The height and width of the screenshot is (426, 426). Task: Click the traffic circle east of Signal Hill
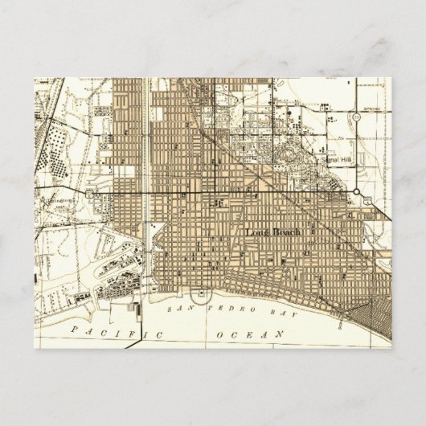click(x=356, y=191)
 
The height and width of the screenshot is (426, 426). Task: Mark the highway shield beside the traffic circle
click(x=366, y=202)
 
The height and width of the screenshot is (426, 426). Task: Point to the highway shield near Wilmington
click(x=92, y=194)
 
